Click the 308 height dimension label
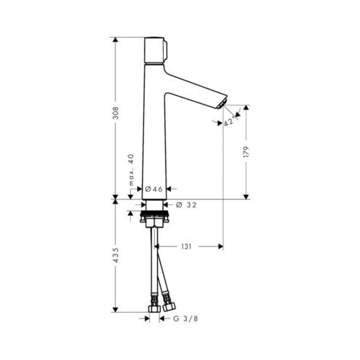[116, 113]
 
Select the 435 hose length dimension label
[116, 255]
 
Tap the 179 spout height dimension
[247, 152]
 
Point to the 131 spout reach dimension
[186, 247]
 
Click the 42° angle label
[229, 121]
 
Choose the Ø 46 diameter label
[153, 189]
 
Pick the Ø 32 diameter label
[186, 205]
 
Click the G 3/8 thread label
[185, 319]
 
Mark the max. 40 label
[131, 169]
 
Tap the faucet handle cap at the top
[155, 50]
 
